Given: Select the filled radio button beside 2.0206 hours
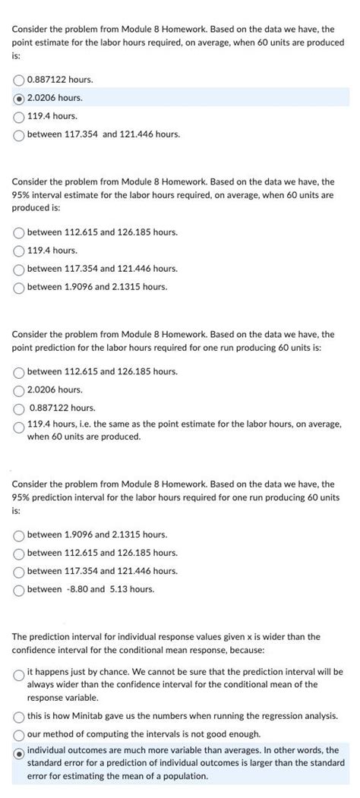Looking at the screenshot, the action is pos(19,98).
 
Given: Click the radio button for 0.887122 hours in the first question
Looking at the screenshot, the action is pos(19,80).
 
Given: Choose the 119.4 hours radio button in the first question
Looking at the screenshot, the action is pos(19,116).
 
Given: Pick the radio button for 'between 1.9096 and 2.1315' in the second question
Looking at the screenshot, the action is pos(19,287).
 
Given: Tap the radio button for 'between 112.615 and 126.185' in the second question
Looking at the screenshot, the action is pos(19,232).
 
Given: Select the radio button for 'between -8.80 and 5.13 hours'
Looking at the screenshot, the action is pos(19,589).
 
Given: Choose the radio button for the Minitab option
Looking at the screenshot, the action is pos(19,717).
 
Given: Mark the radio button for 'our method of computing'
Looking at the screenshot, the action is pos(19,734).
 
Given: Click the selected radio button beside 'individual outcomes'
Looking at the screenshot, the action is pos(19,752).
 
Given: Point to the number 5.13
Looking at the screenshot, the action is pos(118,589).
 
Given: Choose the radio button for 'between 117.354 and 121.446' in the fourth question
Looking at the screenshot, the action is pos(19,571).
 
